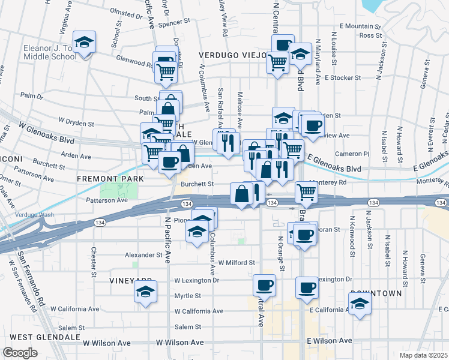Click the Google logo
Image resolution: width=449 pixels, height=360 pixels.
coord(20,352)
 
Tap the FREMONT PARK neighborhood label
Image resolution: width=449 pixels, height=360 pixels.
coord(110,179)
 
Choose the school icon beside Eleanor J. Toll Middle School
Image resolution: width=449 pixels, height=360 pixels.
coord(86,43)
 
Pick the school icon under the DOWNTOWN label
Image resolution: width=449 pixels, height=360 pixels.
coord(360,304)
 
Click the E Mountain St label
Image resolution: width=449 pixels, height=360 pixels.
coord(360,26)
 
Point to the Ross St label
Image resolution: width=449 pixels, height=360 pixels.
coord(366,35)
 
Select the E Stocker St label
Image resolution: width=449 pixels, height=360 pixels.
coord(342,77)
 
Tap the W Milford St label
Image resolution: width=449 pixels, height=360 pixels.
coord(237,263)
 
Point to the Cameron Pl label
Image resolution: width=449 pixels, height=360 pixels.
coord(356,154)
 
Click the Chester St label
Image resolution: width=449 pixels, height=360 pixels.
coord(94,259)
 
